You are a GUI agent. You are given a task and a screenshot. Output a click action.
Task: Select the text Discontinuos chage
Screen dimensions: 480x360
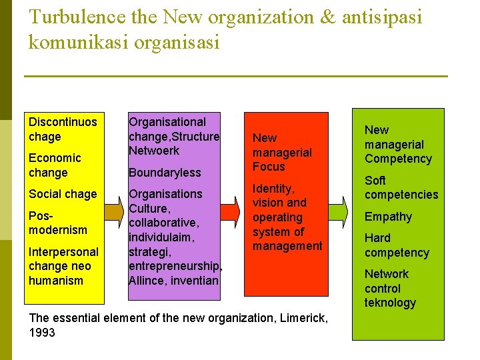point(63,129)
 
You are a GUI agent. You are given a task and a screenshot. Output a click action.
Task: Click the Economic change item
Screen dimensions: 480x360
point(55,165)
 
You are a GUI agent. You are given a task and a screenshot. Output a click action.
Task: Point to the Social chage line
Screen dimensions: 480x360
point(63,194)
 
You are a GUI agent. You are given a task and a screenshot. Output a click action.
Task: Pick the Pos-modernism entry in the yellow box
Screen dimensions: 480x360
point(57,223)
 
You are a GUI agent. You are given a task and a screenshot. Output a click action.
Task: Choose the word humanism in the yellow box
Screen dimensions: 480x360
point(56,281)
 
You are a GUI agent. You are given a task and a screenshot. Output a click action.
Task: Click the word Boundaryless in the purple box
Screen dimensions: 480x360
point(165,173)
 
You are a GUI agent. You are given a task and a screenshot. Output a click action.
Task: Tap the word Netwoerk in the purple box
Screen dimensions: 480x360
point(154,151)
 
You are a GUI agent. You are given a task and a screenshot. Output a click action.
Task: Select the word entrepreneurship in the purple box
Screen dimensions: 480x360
point(174,266)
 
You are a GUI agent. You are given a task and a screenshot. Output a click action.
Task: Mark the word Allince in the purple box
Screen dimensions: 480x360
point(147,281)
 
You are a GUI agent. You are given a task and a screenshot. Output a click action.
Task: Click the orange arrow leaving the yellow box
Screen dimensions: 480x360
point(115,211)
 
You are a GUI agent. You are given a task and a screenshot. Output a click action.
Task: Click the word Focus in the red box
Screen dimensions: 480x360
point(269,167)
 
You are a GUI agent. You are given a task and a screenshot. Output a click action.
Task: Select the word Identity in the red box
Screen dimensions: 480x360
point(273,189)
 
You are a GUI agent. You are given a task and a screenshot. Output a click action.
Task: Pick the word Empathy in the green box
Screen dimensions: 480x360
point(388,217)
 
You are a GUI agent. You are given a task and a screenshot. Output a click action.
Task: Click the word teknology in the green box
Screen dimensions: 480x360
point(390,303)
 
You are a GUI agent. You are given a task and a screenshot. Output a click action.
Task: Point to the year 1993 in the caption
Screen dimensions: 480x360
point(42,332)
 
